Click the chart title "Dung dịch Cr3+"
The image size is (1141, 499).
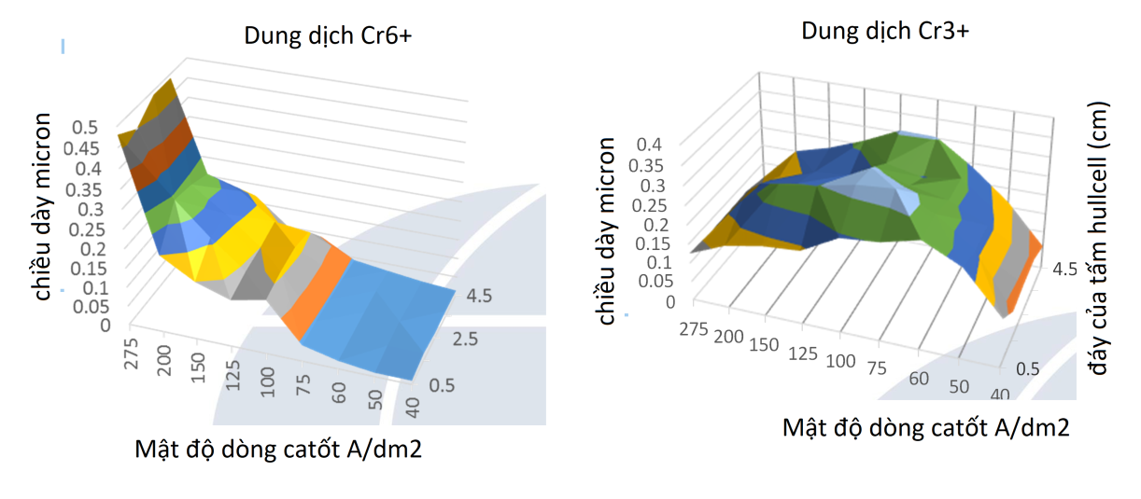(884, 31)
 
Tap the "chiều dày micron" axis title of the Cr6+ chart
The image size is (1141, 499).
(43, 206)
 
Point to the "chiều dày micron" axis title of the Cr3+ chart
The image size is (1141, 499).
(608, 230)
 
